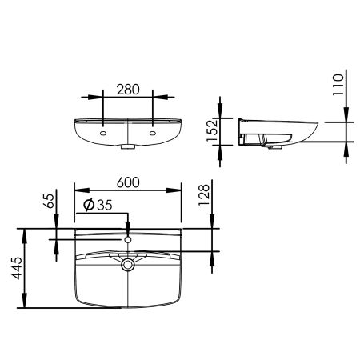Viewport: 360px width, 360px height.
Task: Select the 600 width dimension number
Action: (x=127, y=182)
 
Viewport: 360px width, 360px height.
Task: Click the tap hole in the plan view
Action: (x=128, y=239)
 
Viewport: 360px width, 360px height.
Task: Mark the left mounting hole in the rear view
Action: (x=105, y=131)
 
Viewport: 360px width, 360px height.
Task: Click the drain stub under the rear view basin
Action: (x=128, y=146)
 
